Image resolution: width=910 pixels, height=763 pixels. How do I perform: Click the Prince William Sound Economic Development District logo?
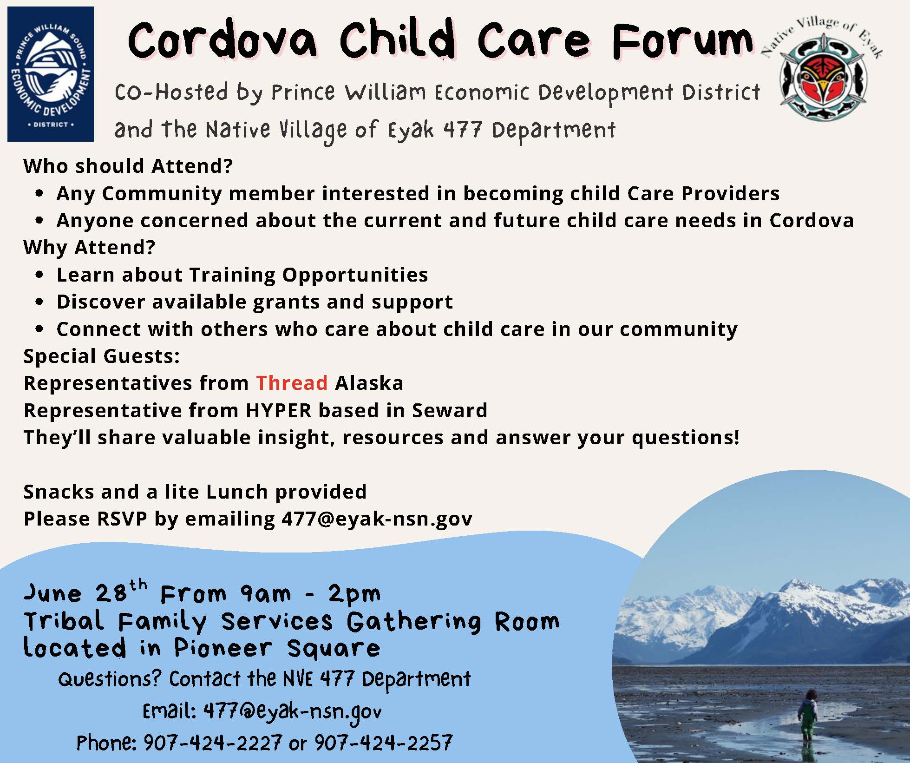[51, 74]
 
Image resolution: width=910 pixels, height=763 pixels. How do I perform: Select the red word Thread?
[292, 383]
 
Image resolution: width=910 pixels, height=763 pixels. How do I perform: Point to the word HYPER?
[279, 410]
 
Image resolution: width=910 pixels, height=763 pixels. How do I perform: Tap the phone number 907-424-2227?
[212, 743]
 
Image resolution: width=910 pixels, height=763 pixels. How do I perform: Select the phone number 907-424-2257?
[383, 743]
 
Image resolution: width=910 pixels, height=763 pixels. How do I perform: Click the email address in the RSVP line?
[377, 519]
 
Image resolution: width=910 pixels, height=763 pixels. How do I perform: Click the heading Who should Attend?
[128, 166]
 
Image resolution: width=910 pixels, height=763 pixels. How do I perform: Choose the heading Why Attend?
[89, 248]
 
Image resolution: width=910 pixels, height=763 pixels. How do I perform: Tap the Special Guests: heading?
[101, 356]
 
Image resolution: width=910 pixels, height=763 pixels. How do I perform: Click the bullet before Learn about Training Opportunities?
[39, 275]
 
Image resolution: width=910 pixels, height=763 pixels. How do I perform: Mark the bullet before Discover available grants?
[39, 302]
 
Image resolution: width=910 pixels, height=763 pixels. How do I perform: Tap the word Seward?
[450, 410]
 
